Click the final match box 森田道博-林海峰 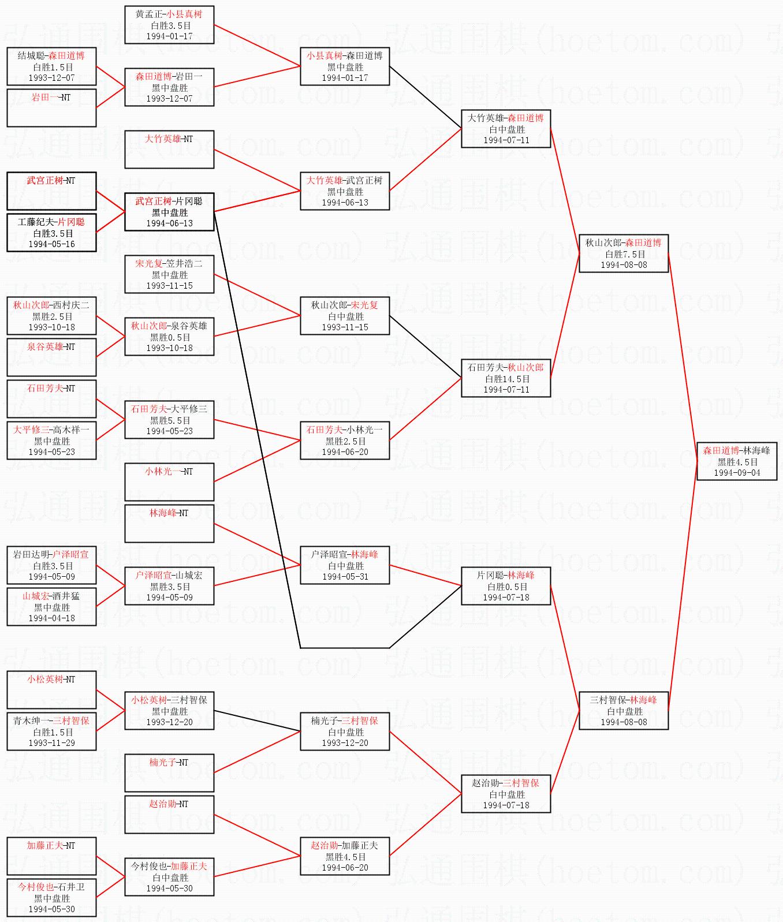[736, 461]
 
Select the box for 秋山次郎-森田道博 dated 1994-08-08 [624, 253]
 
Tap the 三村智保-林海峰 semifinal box [624, 711]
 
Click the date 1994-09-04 [737, 473]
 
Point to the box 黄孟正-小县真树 [169, 25]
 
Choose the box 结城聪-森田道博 [51, 66]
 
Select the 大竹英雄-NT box [169, 150]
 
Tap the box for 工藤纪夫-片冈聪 [51, 233]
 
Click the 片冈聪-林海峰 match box [506, 586]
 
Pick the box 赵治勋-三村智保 [506, 794]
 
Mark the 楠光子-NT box [169, 773]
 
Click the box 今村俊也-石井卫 [51, 898]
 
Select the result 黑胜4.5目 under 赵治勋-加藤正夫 [345, 857]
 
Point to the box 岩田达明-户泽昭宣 [51, 565]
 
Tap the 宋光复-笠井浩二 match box [169, 274]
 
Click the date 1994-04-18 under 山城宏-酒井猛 [52, 618]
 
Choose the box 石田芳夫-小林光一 [345, 441]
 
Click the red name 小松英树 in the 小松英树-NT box [44, 680]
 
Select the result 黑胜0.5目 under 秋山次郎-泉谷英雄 [170, 337]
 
